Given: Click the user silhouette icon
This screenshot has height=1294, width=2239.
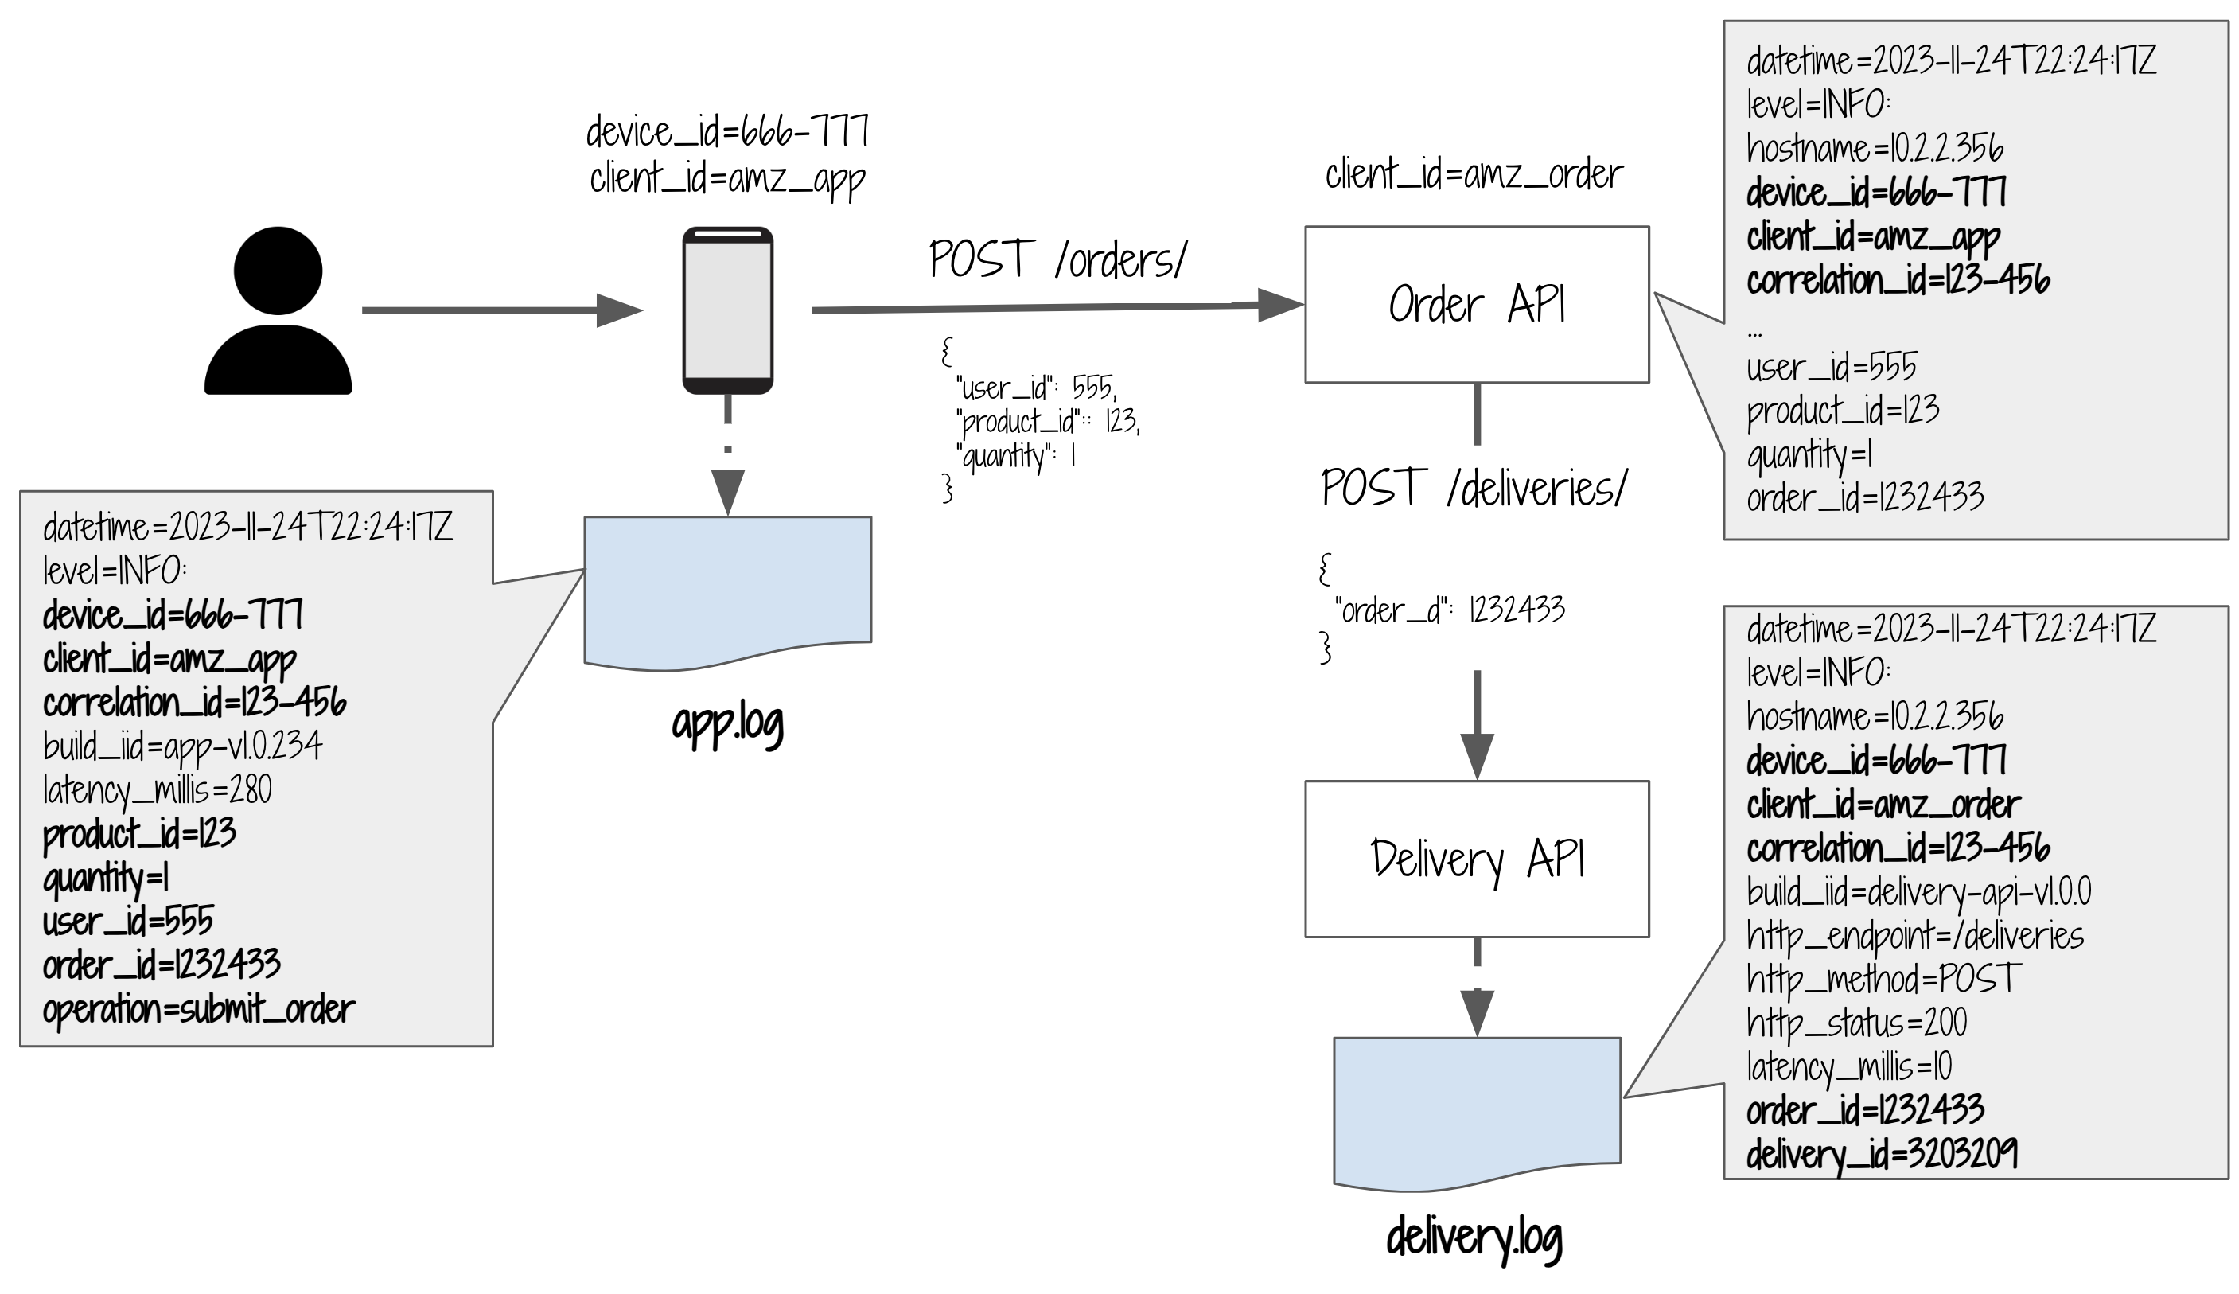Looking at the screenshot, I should point(278,310).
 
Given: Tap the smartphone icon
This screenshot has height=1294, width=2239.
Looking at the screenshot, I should point(728,310).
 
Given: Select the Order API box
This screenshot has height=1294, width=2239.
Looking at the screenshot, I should point(1476,305).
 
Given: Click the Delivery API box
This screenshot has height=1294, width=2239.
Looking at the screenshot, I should point(1476,859).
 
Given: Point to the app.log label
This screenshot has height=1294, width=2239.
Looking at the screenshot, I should point(728,724).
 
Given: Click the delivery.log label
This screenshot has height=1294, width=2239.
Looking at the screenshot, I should point(1474,1237).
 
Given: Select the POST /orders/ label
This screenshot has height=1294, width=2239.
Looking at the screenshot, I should point(1057,259).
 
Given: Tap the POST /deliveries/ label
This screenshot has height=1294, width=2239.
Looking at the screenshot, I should point(1474,488).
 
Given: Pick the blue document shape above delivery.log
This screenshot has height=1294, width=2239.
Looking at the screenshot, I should point(1476,1111).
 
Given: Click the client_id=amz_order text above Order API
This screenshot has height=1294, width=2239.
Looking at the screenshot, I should point(1474,174).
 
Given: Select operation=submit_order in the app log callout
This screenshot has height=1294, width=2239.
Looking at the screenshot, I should point(198,1010).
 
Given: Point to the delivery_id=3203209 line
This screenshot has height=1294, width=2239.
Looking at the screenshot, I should point(1882,1155).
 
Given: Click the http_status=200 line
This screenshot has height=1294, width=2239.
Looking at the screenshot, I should point(1856,1023).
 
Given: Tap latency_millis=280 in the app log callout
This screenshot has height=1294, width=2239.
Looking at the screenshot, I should point(158,790).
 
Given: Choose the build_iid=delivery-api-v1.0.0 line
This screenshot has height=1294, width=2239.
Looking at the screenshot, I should point(1918,891).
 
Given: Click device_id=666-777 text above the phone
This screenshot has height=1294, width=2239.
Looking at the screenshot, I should point(728,132).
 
